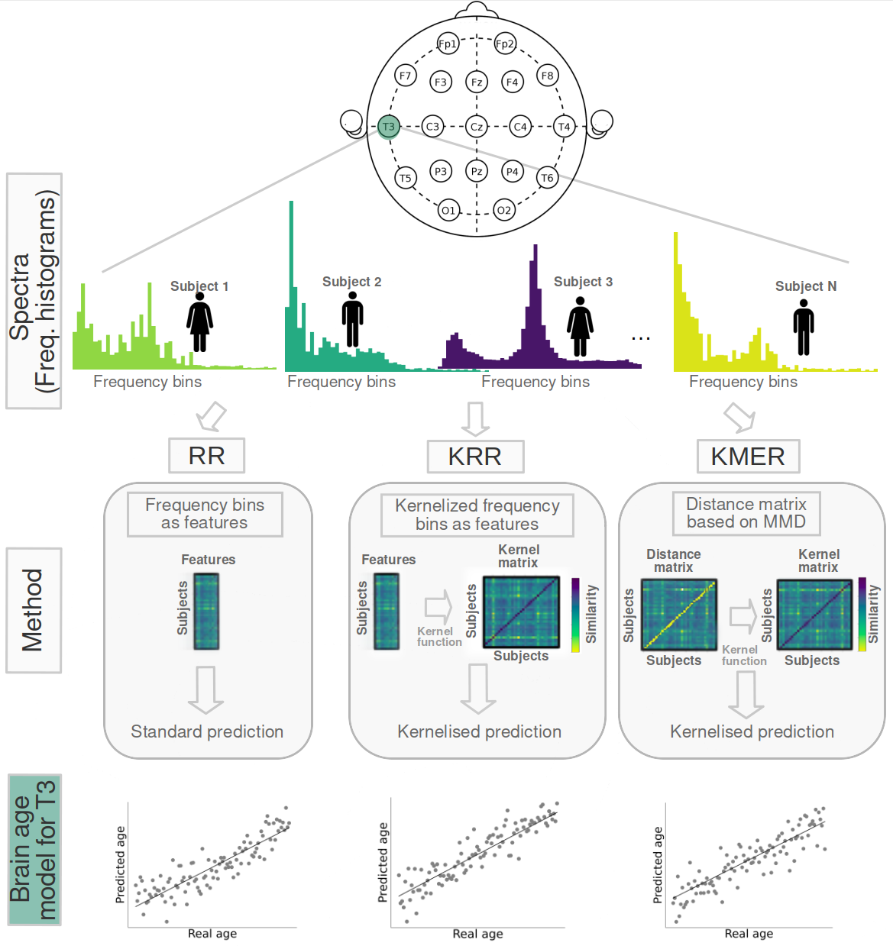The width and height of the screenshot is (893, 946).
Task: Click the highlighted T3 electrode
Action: [x=388, y=127]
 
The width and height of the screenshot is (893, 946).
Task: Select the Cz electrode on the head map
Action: [x=477, y=127]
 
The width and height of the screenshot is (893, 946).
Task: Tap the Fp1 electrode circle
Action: [x=448, y=44]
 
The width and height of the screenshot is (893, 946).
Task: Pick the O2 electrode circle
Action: [x=504, y=210]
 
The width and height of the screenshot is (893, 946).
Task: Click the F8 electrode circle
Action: [x=547, y=76]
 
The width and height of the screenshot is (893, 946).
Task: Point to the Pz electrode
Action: [x=477, y=171]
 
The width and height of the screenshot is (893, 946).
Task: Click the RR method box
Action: [x=206, y=456]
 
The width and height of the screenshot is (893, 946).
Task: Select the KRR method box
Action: [x=475, y=457]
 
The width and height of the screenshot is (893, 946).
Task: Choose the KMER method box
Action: [x=748, y=457]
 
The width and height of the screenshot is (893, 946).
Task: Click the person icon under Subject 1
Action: [x=200, y=322]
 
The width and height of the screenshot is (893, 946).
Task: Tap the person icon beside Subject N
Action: [x=804, y=328]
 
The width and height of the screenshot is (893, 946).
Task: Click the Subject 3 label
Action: [x=583, y=282]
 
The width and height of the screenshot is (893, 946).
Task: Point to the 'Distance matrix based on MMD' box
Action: [x=746, y=513]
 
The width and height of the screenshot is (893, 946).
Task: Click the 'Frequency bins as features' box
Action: [x=205, y=514]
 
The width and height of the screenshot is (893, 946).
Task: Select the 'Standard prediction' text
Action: [x=207, y=731]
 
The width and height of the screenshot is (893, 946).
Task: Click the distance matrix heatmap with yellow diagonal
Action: [x=679, y=615]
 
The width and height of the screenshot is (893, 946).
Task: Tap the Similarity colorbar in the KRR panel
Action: [x=575, y=615]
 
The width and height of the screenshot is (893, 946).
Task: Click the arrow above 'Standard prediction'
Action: [x=206, y=690]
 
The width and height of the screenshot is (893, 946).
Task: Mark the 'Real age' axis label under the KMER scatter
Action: [x=749, y=934]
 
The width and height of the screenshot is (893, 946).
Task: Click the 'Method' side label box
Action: [x=34, y=610]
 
